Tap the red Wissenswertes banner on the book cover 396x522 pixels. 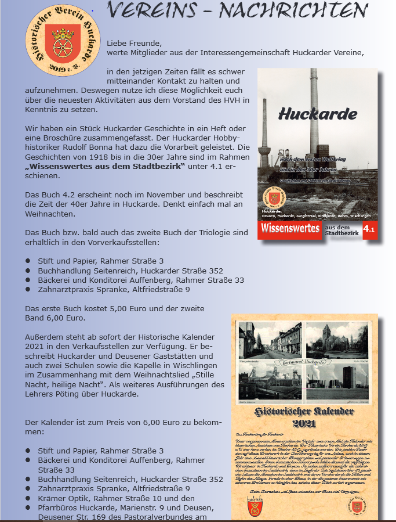289,229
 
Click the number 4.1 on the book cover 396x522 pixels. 370,230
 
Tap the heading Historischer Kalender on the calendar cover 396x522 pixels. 304,412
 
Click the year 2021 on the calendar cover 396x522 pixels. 304,423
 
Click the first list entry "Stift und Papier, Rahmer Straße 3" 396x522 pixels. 101,261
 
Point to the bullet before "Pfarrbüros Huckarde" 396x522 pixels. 27,507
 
